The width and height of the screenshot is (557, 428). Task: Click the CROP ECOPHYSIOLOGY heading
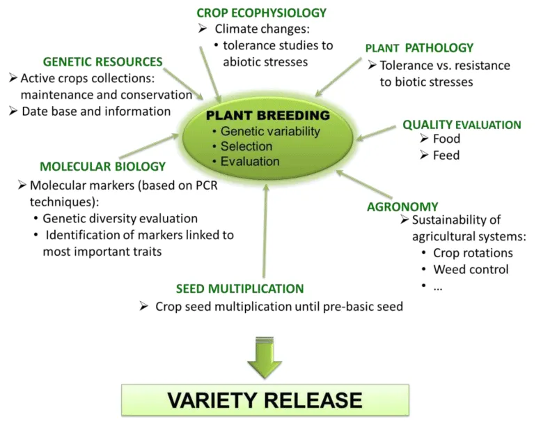point(262,13)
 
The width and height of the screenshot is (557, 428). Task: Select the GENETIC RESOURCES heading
point(102,62)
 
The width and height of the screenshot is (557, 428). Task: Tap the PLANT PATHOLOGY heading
point(419,48)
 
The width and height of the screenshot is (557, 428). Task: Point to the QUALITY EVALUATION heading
point(462,125)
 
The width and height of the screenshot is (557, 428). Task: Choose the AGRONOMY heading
point(402,207)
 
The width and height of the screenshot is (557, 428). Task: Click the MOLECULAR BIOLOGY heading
point(102,167)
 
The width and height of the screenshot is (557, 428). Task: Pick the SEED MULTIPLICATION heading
point(240,289)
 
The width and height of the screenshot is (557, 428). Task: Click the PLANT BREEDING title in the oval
point(268,115)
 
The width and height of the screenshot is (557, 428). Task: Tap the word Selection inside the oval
point(246,146)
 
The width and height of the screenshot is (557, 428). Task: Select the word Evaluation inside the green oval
point(250,162)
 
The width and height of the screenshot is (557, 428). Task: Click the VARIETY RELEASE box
point(265,400)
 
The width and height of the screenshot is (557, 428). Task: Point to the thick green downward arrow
point(265,357)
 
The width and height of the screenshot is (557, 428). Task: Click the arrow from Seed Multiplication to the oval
point(265,231)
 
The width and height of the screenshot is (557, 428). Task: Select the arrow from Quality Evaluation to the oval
point(376,132)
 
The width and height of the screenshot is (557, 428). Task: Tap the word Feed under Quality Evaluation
point(446,155)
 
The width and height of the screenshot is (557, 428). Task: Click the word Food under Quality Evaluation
point(446,139)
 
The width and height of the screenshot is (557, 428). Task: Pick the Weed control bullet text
point(471,270)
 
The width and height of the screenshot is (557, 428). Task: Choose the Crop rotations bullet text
point(473,253)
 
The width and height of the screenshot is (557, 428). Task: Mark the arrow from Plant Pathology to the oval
point(338,77)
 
